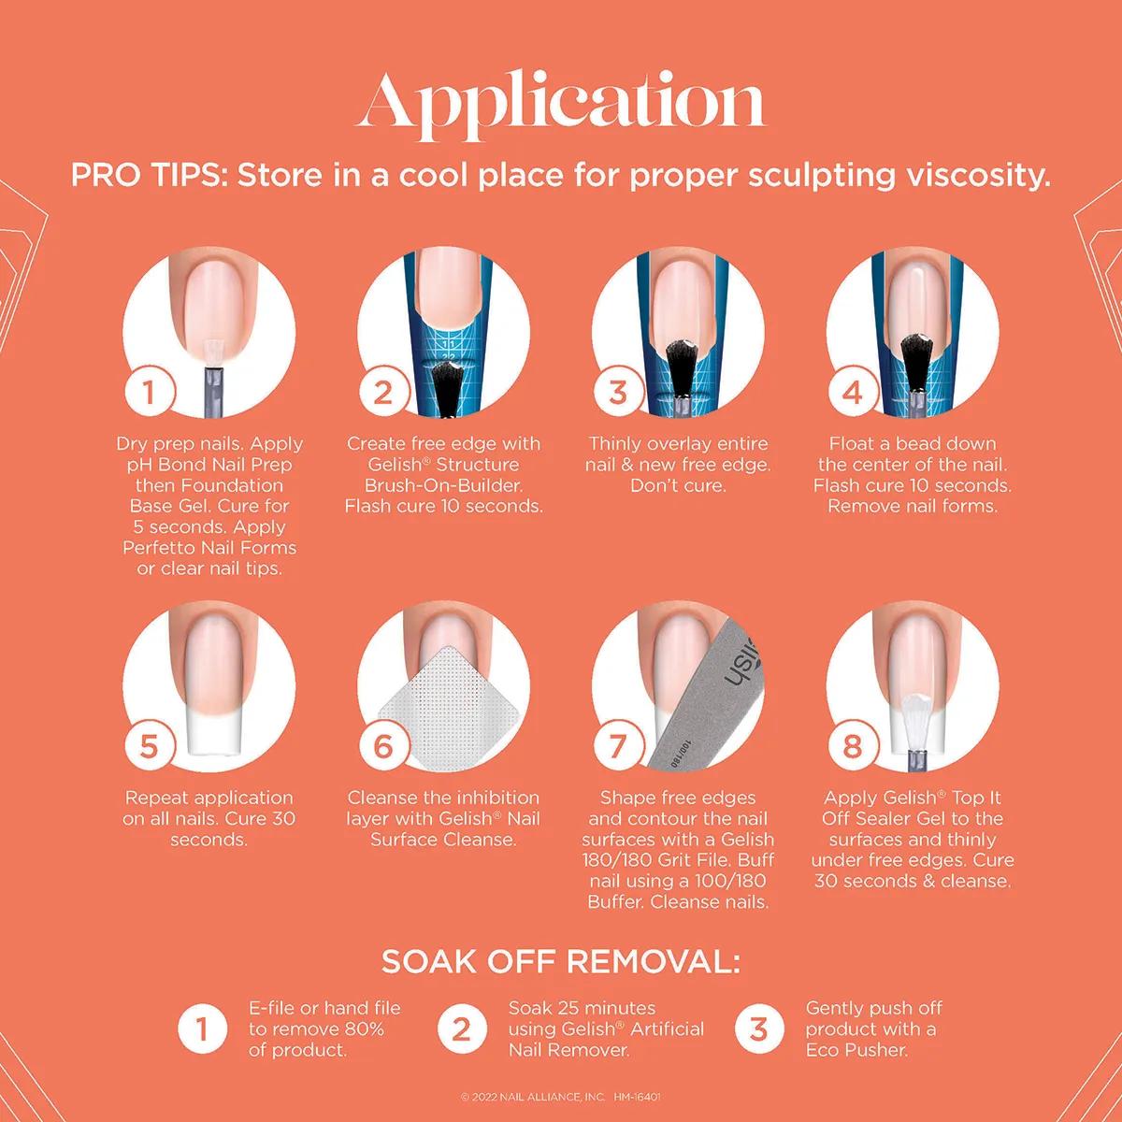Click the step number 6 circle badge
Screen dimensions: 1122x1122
[x=383, y=745]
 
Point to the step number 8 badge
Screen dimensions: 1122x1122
[x=853, y=745]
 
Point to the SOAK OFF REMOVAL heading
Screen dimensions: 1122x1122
[x=560, y=962]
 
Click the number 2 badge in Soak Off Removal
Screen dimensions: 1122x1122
[x=461, y=1029]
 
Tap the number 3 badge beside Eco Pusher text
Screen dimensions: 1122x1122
[x=758, y=1029]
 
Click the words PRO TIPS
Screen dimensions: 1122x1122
[x=150, y=175]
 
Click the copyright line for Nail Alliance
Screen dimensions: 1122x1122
[x=560, y=1097]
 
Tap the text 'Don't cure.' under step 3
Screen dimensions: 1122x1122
[x=678, y=485]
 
